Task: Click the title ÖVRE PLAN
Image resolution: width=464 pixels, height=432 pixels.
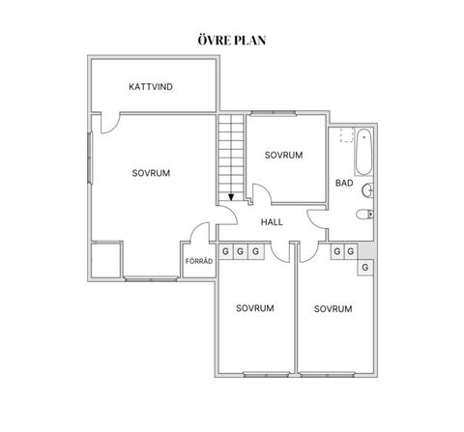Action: [x=232, y=41]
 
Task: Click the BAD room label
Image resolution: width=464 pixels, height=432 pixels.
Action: [x=343, y=182]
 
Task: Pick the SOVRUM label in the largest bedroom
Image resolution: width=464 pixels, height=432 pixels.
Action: [x=152, y=174]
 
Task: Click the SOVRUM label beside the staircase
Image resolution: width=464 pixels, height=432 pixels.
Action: [x=284, y=155]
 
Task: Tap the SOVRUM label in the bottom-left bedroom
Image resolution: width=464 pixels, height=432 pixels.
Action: [x=255, y=308]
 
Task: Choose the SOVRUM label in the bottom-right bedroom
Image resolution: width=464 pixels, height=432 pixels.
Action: [x=333, y=309]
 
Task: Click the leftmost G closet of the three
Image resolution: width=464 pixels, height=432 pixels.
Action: [x=225, y=252]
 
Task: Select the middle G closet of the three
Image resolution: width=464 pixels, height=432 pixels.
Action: [x=241, y=252]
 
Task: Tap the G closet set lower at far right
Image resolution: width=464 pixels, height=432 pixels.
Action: [x=365, y=267]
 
